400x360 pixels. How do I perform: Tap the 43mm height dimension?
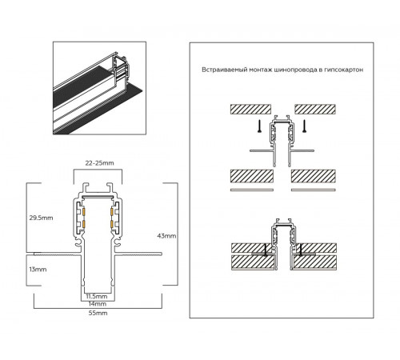pyautogui.click(x=167, y=236)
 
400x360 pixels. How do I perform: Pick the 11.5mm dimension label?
pyautogui.click(x=98, y=297)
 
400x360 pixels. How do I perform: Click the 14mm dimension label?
pyautogui.click(x=98, y=305)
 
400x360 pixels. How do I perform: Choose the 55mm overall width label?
pyautogui.click(x=98, y=314)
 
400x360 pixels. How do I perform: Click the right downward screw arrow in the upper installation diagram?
pyautogui.click(x=303, y=126)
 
